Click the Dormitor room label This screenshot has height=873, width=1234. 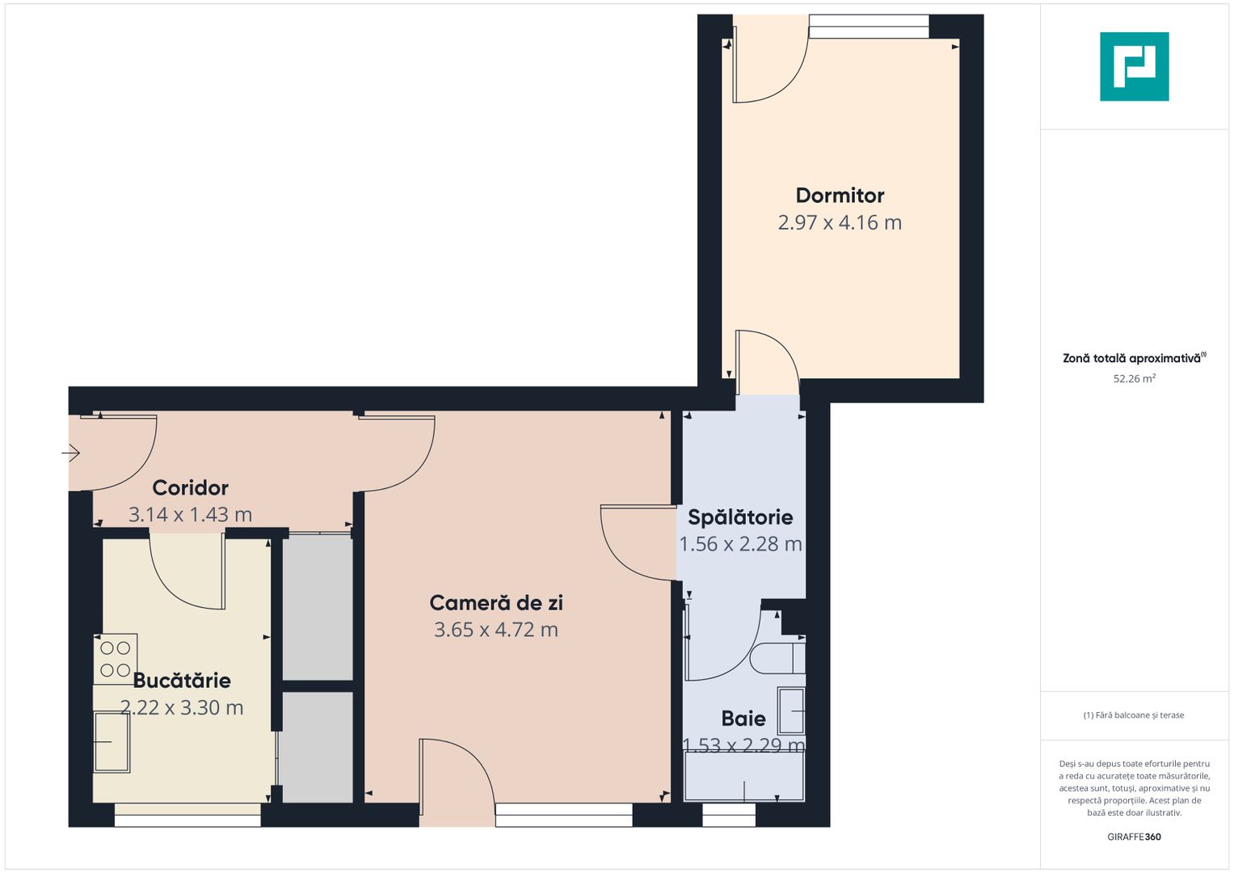[840, 196]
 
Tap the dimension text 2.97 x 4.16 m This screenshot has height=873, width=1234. [840, 223]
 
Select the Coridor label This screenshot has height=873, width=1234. [190, 488]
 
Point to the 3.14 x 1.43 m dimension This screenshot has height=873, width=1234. [190, 515]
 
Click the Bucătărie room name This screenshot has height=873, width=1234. [182, 681]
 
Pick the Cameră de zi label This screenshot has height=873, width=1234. [496, 603]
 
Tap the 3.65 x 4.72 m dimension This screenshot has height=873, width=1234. [496, 630]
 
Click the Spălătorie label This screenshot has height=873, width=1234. [740, 517]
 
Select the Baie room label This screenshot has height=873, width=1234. [743, 719]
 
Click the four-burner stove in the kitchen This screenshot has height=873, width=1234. [116, 659]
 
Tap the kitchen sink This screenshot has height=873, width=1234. [112, 741]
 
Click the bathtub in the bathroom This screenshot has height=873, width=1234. [744, 777]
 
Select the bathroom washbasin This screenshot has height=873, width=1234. [791, 711]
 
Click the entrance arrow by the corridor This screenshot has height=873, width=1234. [71, 453]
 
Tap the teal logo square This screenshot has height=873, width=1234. [1134, 66]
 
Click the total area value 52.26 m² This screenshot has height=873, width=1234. [1134, 378]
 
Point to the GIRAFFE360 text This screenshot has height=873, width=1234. [1134, 837]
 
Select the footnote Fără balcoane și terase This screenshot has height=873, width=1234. [1134, 715]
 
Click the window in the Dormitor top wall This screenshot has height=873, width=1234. [869, 27]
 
